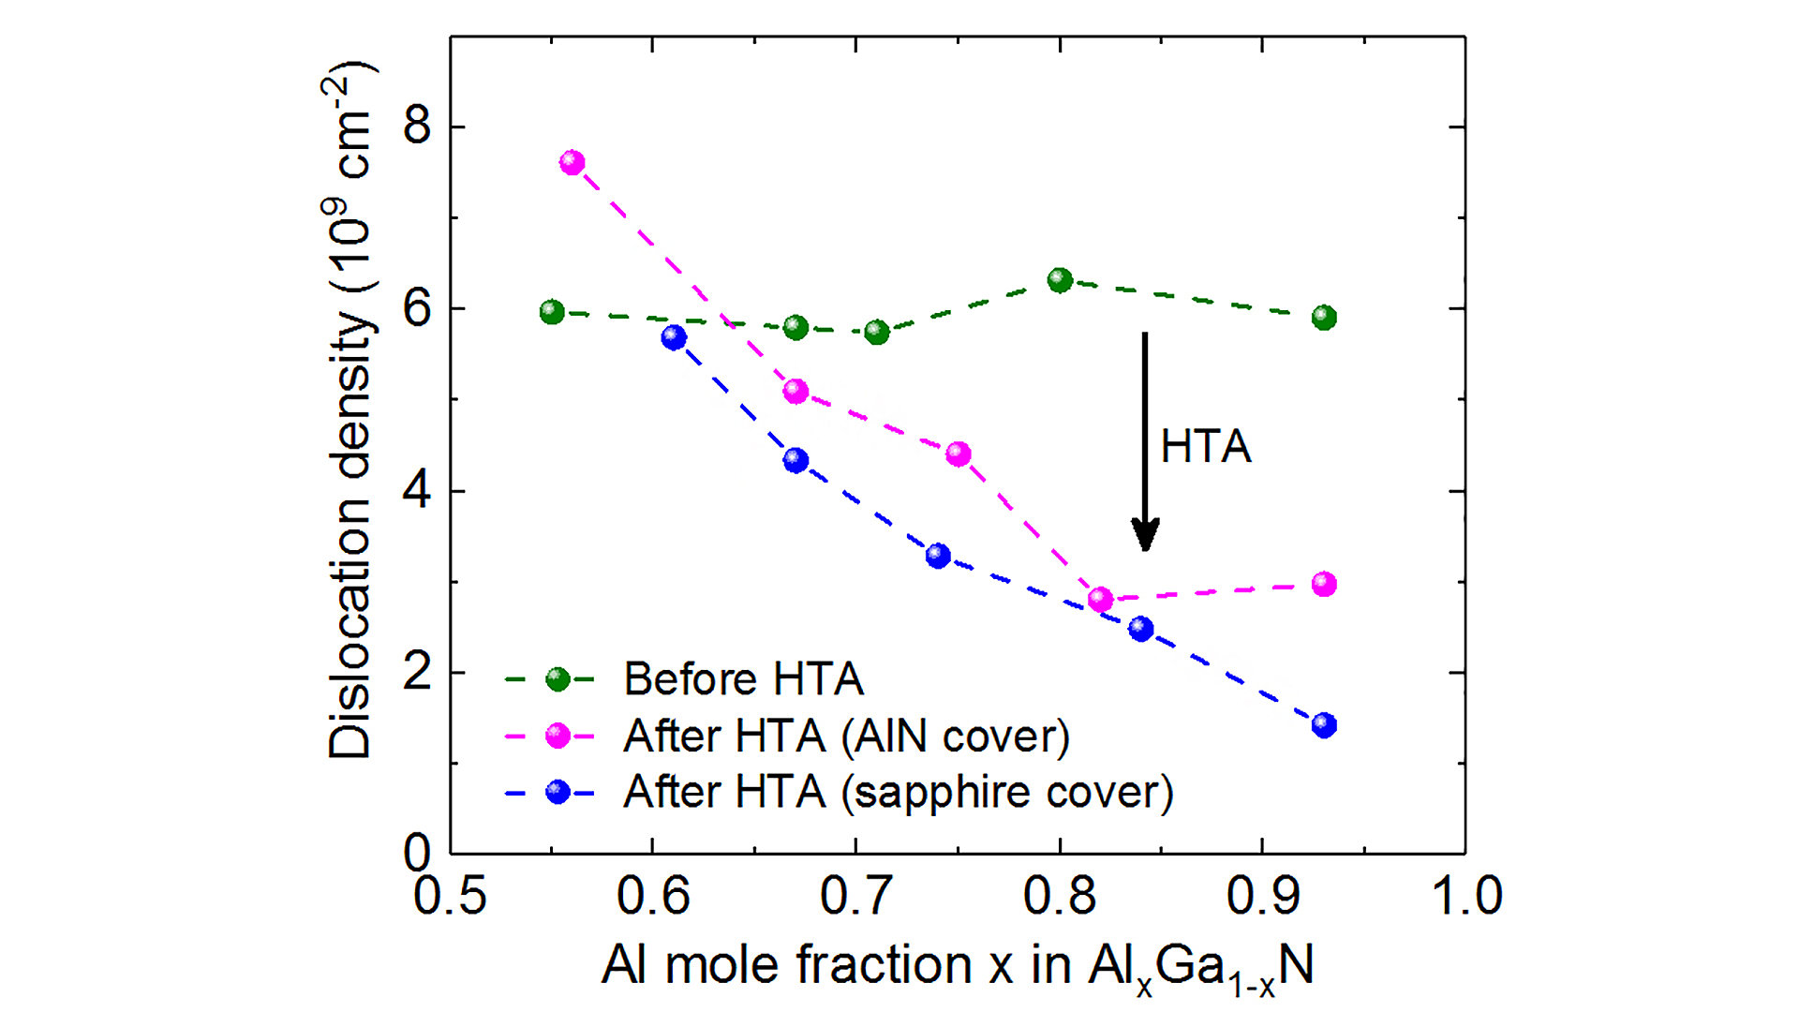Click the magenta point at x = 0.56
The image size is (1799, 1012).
click(572, 162)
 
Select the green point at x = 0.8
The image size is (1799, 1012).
click(1060, 280)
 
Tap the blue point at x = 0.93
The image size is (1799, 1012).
click(1324, 724)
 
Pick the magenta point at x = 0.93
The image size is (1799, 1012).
click(1324, 584)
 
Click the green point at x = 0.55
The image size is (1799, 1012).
click(552, 312)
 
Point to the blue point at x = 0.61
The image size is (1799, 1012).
click(674, 337)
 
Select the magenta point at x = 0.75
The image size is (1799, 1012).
click(958, 454)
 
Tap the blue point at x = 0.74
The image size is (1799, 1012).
click(938, 556)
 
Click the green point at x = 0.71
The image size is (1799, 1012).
click(877, 332)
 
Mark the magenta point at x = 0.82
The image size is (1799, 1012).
click(1101, 599)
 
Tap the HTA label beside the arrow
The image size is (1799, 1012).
click(1206, 446)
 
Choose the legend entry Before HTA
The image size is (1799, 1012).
click(743, 679)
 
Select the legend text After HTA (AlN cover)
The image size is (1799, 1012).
click(846, 737)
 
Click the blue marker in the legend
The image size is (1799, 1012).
click(558, 792)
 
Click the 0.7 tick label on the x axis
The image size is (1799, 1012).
click(855, 895)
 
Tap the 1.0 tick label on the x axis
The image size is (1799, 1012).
click(1466, 895)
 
